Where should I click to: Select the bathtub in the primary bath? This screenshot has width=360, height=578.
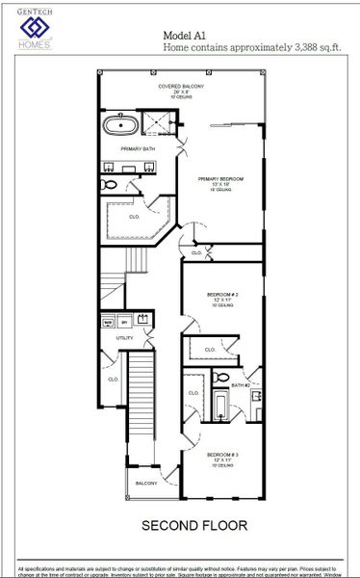[x=119, y=124]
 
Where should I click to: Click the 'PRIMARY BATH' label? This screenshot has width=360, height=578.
[x=137, y=149]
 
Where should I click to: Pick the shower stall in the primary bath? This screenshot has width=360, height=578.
[x=156, y=122]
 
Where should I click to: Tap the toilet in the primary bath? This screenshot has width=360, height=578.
[x=110, y=183]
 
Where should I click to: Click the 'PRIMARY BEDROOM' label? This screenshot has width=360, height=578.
[x=220, y=179]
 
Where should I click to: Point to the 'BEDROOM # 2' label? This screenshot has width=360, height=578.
[x=222, y=294]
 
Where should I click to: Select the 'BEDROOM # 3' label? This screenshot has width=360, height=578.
[x=222, y=454]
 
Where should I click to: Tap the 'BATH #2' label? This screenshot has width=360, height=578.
[x=240, y=385]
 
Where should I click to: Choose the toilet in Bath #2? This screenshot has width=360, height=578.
[x=221, y=378]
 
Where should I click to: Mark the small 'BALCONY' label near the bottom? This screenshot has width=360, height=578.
[x=145, y=483]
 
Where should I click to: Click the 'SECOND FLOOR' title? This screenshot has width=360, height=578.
[x=193, y=525]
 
